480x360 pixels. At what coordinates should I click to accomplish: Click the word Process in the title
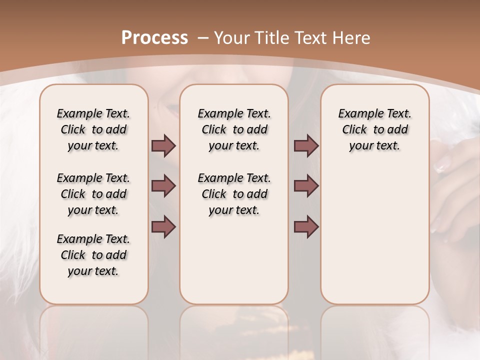pyautogui.click(x=154, y=37)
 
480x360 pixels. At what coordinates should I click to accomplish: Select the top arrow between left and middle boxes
pyautogui.click(x=163, y=145)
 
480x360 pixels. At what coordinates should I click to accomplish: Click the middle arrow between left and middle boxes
pyautogui.click(x=163, y=186)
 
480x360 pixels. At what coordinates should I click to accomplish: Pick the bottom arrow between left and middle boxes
pyautogui.click(x=163, y=226)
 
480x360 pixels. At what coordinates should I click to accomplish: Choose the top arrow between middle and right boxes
pyautogui.click(x=306, y=145)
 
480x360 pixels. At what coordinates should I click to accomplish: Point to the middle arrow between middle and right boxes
pyautogui.click(x=306, y=186)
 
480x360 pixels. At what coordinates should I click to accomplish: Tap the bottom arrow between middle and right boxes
pyautogui.click(x=306, y=226)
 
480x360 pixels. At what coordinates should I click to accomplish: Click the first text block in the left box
pyautogui.click(x=93, y=129)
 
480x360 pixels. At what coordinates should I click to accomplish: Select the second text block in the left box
pyautogui.click(x=93, y=194)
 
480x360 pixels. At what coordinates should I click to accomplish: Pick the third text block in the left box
pyautogui.click(x=93, y=255)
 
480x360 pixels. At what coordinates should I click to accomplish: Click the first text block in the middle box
pyautogui.click(x=234, y=129)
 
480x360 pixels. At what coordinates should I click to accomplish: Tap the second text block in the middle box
pyautogui.click(x=234, y=194)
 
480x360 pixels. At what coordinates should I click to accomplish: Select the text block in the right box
pyautogui.click(x=374, y=129)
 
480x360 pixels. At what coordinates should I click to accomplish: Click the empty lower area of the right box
pyautogui.click(x=374, y=235)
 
